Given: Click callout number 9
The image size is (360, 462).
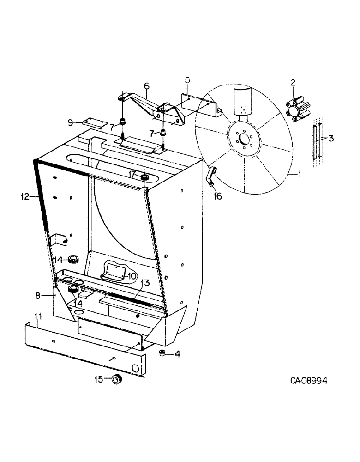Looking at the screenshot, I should (70, 122).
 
